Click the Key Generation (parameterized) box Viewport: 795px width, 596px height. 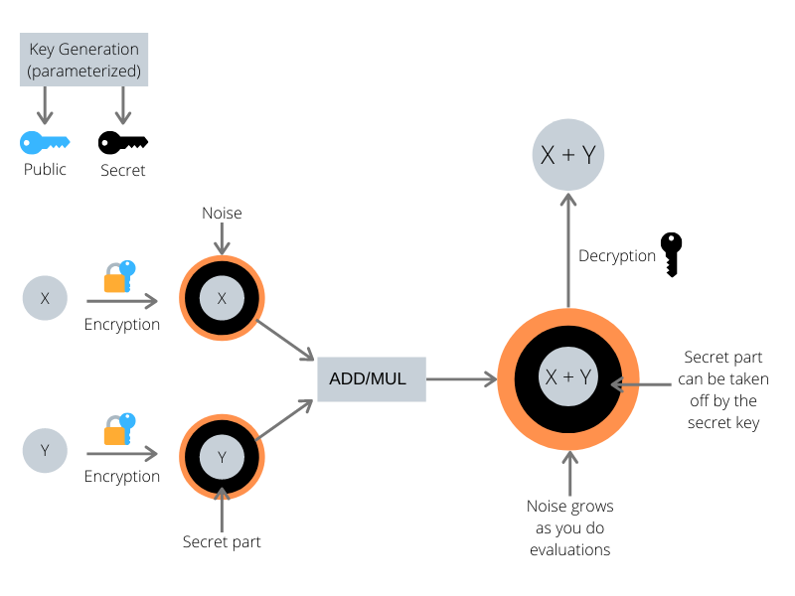click(83, 60)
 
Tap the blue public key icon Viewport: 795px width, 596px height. click(45, 142)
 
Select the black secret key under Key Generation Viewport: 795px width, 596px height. click(122, 142)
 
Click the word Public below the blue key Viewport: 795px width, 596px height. click(45, 169)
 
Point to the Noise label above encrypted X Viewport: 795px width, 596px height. click(222, 214)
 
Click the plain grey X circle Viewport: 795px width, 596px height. click(45, 298)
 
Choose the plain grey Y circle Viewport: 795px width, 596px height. click(45, 451)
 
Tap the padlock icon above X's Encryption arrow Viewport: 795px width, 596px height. click(119, 277)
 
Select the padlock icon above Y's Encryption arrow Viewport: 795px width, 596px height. click(119, 429)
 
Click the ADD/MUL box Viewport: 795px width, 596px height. click(372, 379)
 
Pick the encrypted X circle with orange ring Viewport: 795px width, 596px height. click(222, 298)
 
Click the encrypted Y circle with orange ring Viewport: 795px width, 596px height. click(222, 457)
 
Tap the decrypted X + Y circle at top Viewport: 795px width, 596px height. click(567, 155)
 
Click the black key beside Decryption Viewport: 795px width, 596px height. click(672, 255)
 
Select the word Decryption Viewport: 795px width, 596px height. click(617, 256)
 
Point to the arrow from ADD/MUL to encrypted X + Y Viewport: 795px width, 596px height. click(461, 379)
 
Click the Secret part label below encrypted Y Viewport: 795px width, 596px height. click(222, 542)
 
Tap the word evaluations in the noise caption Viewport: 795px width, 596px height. click(569, 550)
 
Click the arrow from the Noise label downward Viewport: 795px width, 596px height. click(222, 238)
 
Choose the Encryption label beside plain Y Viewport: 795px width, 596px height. click(122, 478)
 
